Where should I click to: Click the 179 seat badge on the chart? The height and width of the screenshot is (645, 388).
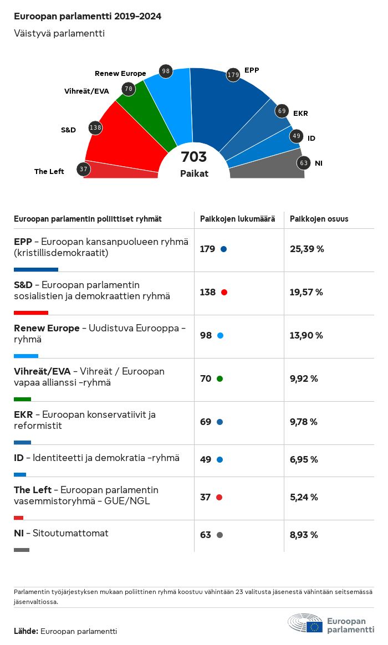[233, 75]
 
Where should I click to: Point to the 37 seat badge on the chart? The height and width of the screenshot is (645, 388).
[84, 169]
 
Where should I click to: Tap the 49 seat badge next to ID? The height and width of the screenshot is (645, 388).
[297, 135]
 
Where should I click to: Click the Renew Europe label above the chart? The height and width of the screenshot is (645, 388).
[120, 74]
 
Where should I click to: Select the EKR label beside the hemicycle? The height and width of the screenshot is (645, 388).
[300, 114]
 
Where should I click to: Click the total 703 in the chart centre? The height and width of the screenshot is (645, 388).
[194, 157]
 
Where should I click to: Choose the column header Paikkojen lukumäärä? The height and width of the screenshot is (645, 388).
[237, 219]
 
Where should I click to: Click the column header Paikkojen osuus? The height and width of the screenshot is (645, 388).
[319, 219]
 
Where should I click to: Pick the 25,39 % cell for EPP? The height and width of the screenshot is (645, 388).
[307, 249]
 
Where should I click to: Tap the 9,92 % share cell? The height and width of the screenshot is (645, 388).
[304, 378]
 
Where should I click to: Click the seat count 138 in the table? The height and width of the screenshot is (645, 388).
[208, 292]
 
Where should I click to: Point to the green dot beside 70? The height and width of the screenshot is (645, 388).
[219, 379]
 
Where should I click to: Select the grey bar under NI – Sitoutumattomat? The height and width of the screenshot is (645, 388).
[22, 550]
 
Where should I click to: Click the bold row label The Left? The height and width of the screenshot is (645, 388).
[33, 490]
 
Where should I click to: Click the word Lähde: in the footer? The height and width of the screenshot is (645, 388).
[26, 631]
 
